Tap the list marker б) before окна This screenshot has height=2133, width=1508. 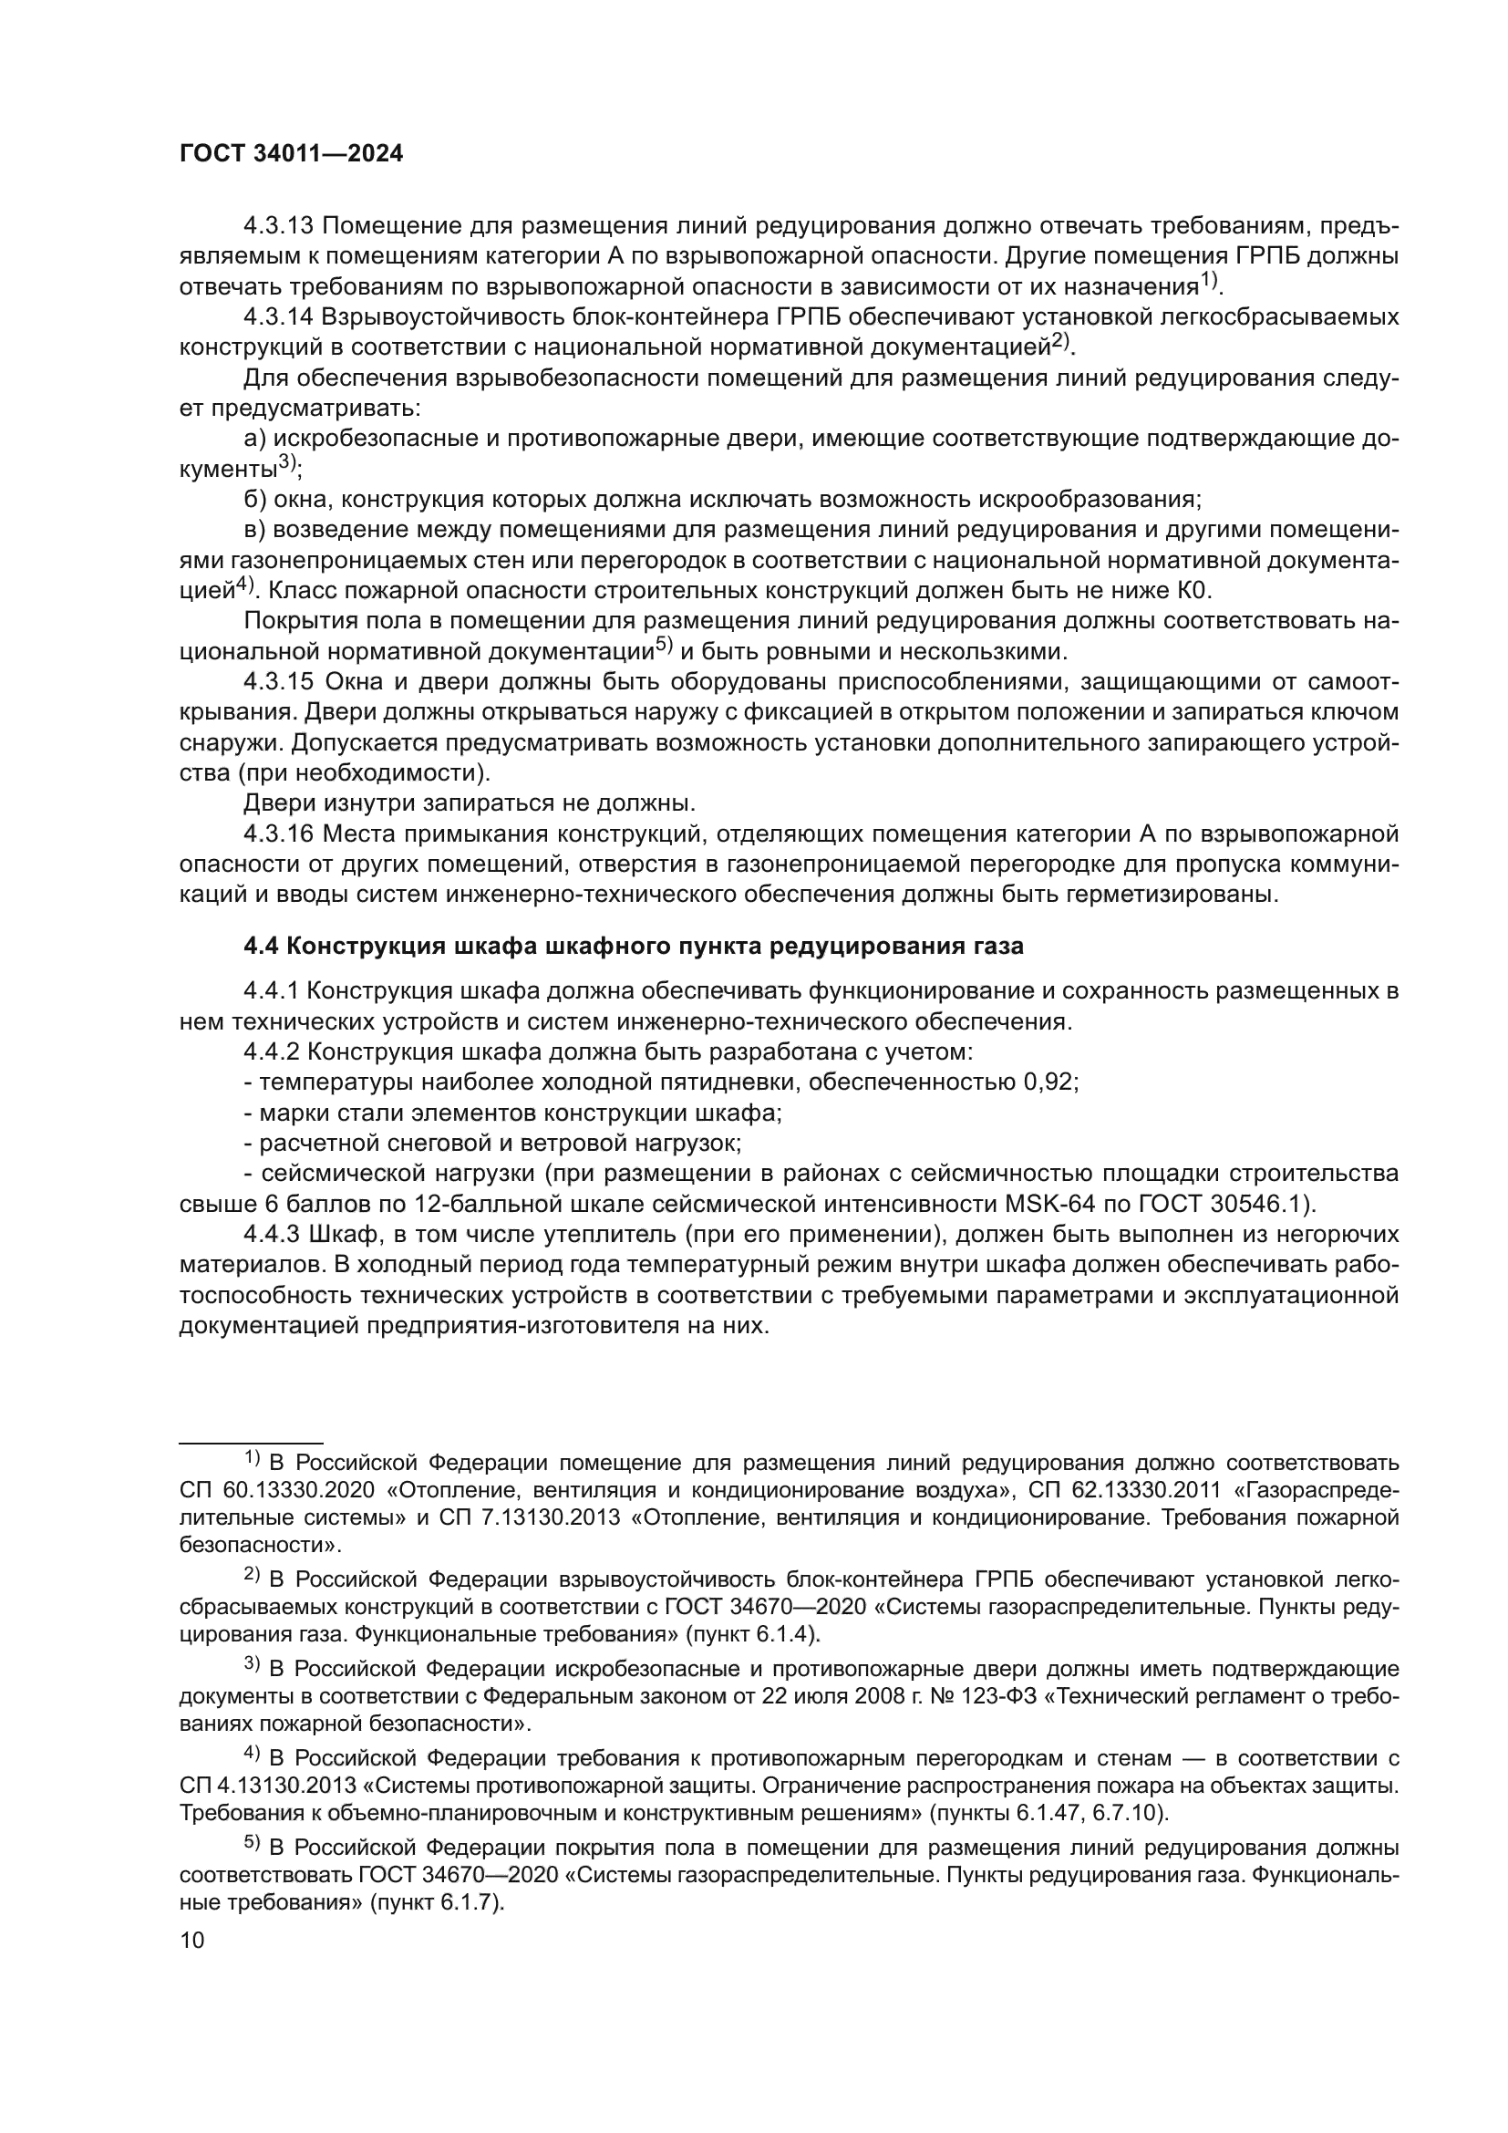[254, 499]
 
